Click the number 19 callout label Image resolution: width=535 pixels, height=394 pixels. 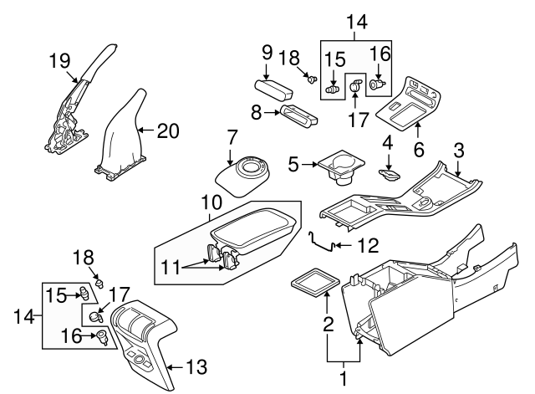59,61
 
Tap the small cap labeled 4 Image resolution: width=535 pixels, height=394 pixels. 389,175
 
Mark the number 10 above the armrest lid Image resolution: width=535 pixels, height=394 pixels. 213,202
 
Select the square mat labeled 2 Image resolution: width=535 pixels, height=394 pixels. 312,281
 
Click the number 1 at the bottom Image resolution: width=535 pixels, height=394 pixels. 343,378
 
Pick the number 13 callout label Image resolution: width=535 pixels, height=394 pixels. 197,366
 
